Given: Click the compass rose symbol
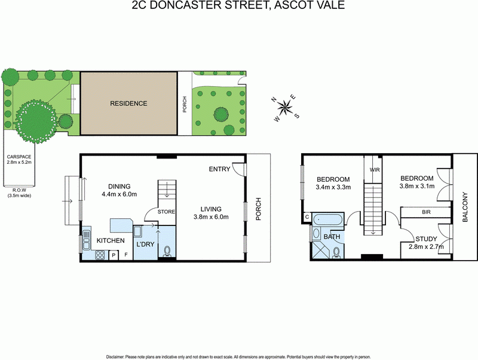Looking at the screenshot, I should [x=286, y=108].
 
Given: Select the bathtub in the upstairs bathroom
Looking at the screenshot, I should [x=327, y=219].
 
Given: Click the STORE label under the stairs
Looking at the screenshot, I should [x=167, y=212].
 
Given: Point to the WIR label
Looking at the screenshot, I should [x=375, y=170].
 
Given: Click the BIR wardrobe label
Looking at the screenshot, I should [x=426, y=212].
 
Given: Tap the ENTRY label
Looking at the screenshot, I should [x=219, y=169].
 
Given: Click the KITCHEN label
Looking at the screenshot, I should [x=111, y=241].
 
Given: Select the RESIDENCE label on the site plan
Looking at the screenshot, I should [x=128, y=103].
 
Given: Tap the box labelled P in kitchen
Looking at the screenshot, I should [x=113, y=255].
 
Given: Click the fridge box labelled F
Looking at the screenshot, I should [x=125, y=255].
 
